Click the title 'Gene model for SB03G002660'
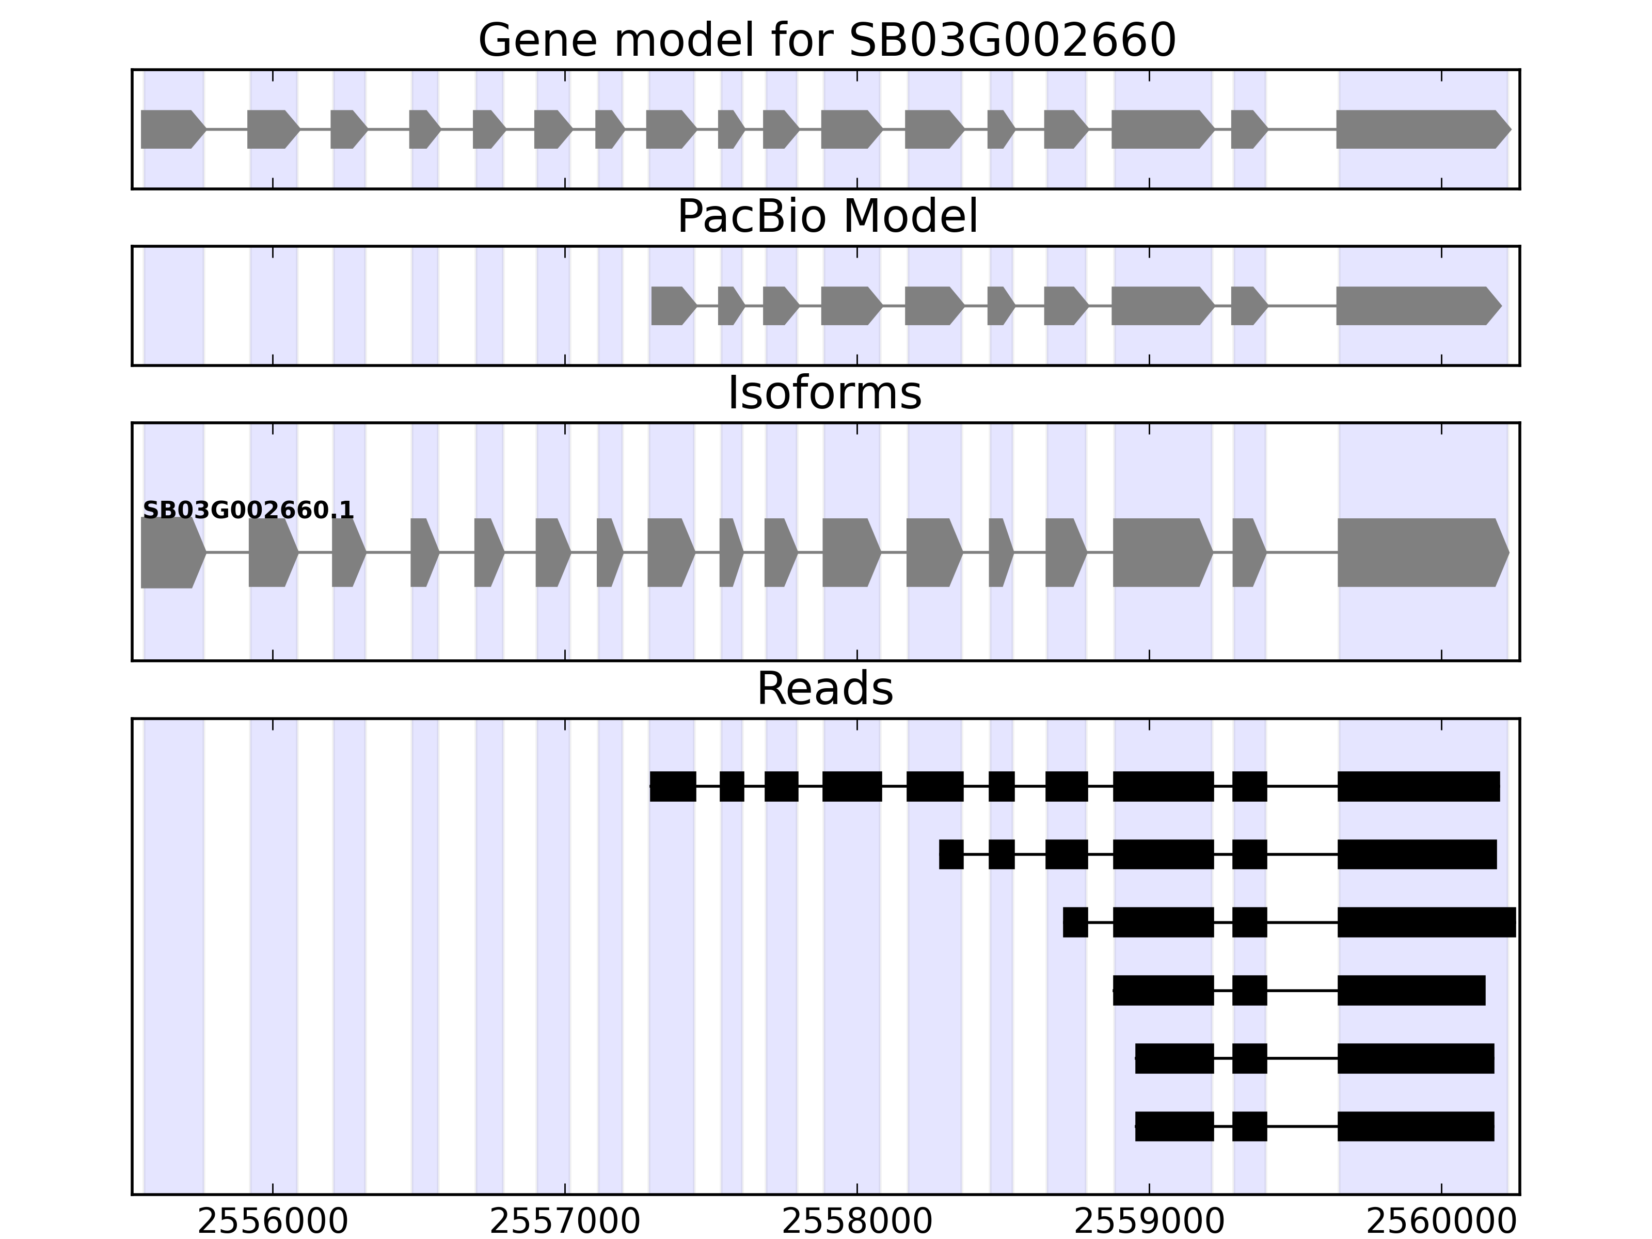pos(826,40)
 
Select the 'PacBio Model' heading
pos(826,217)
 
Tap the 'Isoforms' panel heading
pos(824,393)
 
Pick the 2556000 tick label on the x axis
pos(273,1222)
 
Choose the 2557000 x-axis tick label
pos(565,1222)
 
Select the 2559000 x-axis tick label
pos(1149,1222)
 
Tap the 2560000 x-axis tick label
pos(1441,1222)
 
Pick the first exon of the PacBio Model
pos(672,306)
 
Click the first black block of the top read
pos(673,786)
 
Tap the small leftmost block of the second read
pos(951,854)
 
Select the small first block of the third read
pos(1075,923)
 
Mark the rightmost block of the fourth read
pos(1411,990)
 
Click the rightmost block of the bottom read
pos(1415,1126)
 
